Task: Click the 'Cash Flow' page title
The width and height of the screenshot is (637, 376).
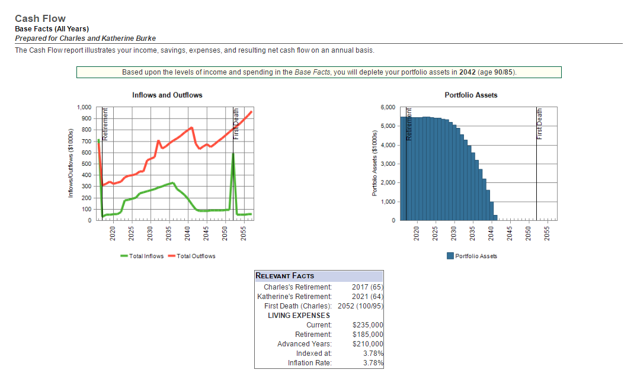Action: [x=40, y=19]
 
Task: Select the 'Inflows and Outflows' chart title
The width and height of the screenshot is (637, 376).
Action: [x=167, y=95]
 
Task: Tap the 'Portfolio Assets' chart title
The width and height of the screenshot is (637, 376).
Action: [x=470, y=95]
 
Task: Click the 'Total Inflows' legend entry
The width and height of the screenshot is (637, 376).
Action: [x=142, y=256]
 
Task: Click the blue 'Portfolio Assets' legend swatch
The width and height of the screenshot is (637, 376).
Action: [x=450, y=256]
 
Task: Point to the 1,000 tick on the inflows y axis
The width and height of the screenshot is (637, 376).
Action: [x=84, y=107]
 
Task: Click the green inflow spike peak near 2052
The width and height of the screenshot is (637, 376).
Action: [x=233, y=154]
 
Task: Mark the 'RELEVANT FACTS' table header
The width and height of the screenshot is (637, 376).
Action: [x=285, y=276]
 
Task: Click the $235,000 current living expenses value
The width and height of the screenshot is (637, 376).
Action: [x=367, y=325]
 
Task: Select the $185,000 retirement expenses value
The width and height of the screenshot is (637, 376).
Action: [x=367, y=335]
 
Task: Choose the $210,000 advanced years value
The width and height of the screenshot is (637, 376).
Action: [x=367, y=344]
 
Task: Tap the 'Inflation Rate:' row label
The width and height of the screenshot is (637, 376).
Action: [x=309, y=363]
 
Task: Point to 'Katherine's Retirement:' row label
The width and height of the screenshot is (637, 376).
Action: [x=295, y=297]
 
